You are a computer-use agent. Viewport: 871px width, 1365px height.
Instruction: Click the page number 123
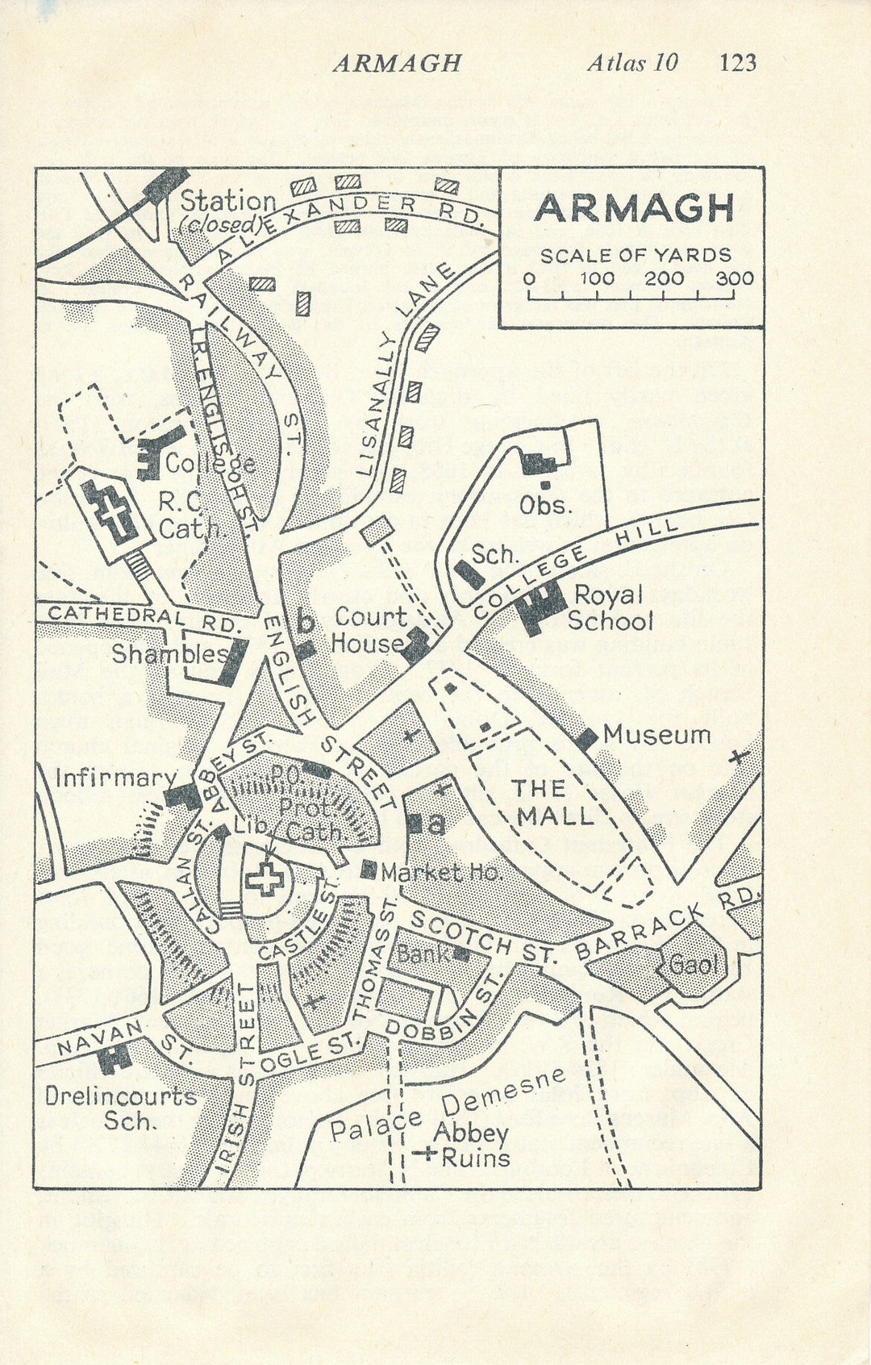pos(737,62)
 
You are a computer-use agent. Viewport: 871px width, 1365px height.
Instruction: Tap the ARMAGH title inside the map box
pos(634,208)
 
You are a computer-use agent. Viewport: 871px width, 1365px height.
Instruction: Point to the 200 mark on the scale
pos(664,279)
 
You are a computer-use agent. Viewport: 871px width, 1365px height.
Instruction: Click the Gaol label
pos(692,963)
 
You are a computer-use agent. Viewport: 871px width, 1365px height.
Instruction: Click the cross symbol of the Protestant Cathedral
pos(265,879)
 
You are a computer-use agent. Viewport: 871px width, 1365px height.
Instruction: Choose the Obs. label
pos(545,506)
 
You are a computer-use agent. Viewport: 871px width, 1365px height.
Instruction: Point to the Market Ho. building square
pos(369,870)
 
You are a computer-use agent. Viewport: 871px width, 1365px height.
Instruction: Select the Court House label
pos(369,630)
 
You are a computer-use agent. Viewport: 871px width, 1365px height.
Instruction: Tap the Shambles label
pos(169,653)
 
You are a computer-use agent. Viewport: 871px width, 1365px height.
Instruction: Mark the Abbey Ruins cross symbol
pos(424,1154)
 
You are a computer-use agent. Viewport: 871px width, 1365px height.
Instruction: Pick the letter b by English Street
pos(305,622)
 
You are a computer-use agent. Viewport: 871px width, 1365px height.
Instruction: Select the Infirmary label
pos(115,778)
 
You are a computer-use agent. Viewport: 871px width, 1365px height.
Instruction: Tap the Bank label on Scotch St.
pos(423,954)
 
